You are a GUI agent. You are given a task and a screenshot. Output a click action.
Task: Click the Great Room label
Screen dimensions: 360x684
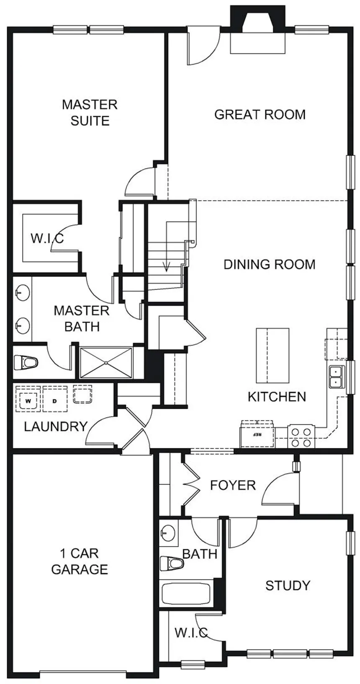tap(260, 114)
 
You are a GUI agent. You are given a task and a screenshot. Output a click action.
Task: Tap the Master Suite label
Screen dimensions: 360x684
tap(90, 113)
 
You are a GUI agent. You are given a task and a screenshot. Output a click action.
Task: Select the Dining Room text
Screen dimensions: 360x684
tap(270, 264)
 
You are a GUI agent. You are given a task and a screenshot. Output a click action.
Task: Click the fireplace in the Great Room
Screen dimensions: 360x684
tap(258, 31)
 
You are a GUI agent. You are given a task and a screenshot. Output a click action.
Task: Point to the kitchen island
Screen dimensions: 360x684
tap(273, 356)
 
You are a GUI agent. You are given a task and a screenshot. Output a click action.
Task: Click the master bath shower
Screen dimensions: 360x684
tap(105, 363)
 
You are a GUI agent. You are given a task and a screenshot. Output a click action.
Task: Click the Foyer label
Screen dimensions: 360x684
tap(233, 485)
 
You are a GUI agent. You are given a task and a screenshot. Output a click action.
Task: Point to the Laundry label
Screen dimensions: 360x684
tap(56, 426)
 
